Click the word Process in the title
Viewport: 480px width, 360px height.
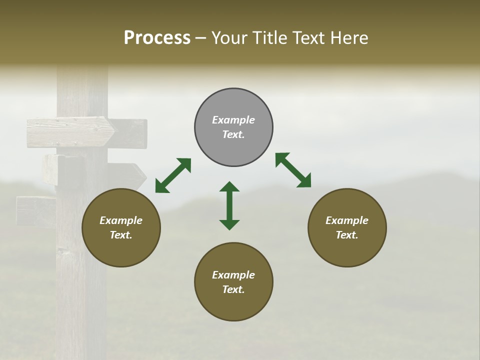coord(157,38)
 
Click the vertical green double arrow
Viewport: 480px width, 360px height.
coord(229,205)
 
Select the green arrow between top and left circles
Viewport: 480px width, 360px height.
coord(173,175)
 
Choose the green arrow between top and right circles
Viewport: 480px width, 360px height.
coord(293,170)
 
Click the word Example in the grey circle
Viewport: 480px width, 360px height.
coord(233,120)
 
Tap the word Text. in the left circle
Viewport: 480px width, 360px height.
coord(121,235)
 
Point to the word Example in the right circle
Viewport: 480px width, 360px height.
coord(347,220)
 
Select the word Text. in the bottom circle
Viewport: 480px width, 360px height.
coord(233,289)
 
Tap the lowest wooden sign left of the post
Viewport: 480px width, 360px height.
coord(36,210)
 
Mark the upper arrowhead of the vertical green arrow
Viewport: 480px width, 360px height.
coord(229,187)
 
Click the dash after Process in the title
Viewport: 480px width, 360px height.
coord(201,38)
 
